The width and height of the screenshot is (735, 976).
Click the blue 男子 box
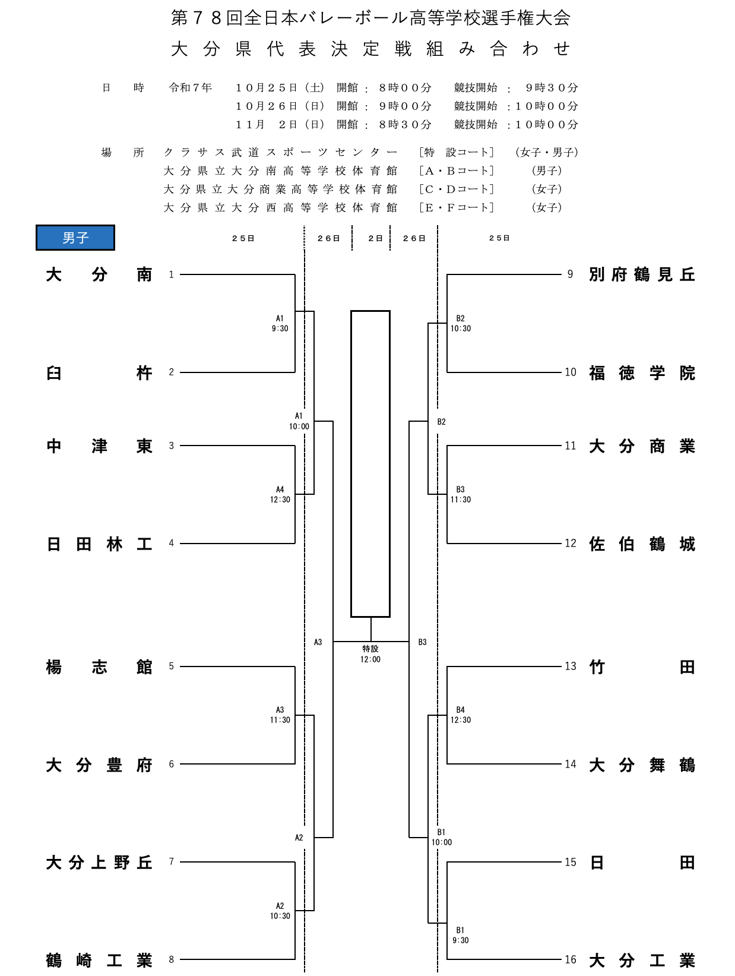coord(75,238)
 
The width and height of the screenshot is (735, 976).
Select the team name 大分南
coord(99,275)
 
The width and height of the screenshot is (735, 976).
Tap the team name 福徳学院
coord(642,373)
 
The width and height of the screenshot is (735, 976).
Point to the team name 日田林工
coord(99,544)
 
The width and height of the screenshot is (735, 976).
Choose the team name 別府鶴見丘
coord(642,275)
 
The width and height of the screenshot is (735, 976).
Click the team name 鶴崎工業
coord(99,961)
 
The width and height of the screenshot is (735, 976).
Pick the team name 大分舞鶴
coord(642,765)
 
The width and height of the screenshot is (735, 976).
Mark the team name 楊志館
coord(99,667)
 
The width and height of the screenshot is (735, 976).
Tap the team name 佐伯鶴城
coord(642,544)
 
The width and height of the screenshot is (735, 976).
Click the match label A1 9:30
coord(280,324)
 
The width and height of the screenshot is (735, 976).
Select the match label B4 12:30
coord(461,715)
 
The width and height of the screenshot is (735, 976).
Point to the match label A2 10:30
coord(280,911)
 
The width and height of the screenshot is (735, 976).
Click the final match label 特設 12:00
coord(370,654)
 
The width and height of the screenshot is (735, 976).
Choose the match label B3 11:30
coord(461,495)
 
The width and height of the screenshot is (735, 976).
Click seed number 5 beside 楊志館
coord(172,667)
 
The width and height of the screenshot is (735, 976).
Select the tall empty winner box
coord(370,463)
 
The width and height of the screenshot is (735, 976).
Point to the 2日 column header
coord(375,238)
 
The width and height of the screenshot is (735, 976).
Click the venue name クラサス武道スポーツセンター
coord(280,153)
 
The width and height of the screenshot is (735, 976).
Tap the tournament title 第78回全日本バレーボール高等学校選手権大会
coord(370,18)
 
